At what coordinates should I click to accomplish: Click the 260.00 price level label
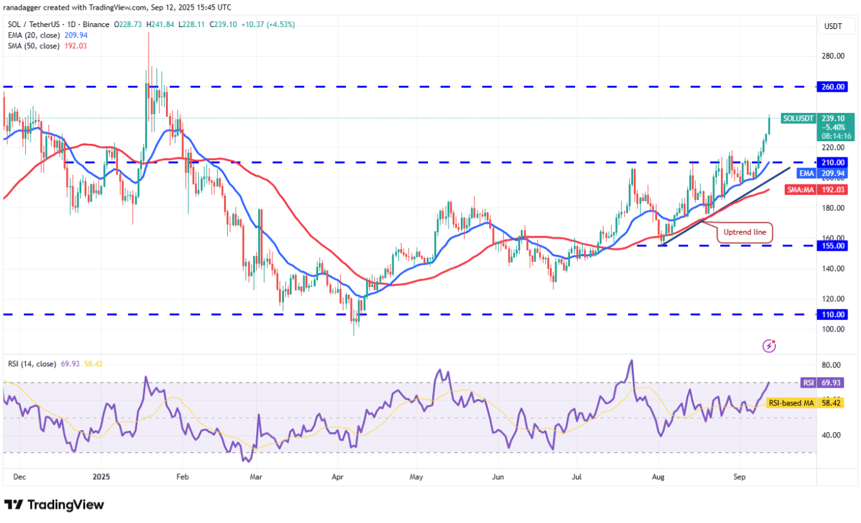(x=836, y=86)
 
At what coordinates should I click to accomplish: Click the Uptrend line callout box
(x=744, y=231)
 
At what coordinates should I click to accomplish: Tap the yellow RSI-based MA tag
(x=791, y=403)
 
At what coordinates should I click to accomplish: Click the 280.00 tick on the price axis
(x=833, y=55)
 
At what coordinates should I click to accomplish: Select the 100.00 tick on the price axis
(x=833, y=329)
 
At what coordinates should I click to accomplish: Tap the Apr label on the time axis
(x=336, y=479)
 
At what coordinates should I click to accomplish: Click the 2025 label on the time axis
(x=101, y=479)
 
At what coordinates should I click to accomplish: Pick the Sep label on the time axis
(x=740, y=479)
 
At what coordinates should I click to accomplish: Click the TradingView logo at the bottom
(x=54, y=504)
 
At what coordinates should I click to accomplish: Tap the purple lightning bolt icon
(x=769, y=346)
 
